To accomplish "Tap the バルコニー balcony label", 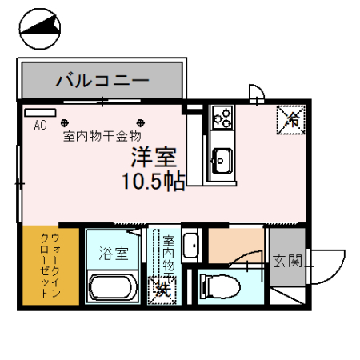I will (x=102, y=80).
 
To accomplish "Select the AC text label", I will (x=40, y=125).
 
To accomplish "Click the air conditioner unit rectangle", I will (x=39, y=113).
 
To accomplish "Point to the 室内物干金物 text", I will (x=102, y=136).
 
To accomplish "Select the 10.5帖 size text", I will (x=153, y=180).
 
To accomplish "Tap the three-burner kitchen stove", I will (x=222, y=118).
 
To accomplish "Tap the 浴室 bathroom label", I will (x=114, y=254).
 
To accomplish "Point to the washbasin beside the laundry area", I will (x=190, y=246).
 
